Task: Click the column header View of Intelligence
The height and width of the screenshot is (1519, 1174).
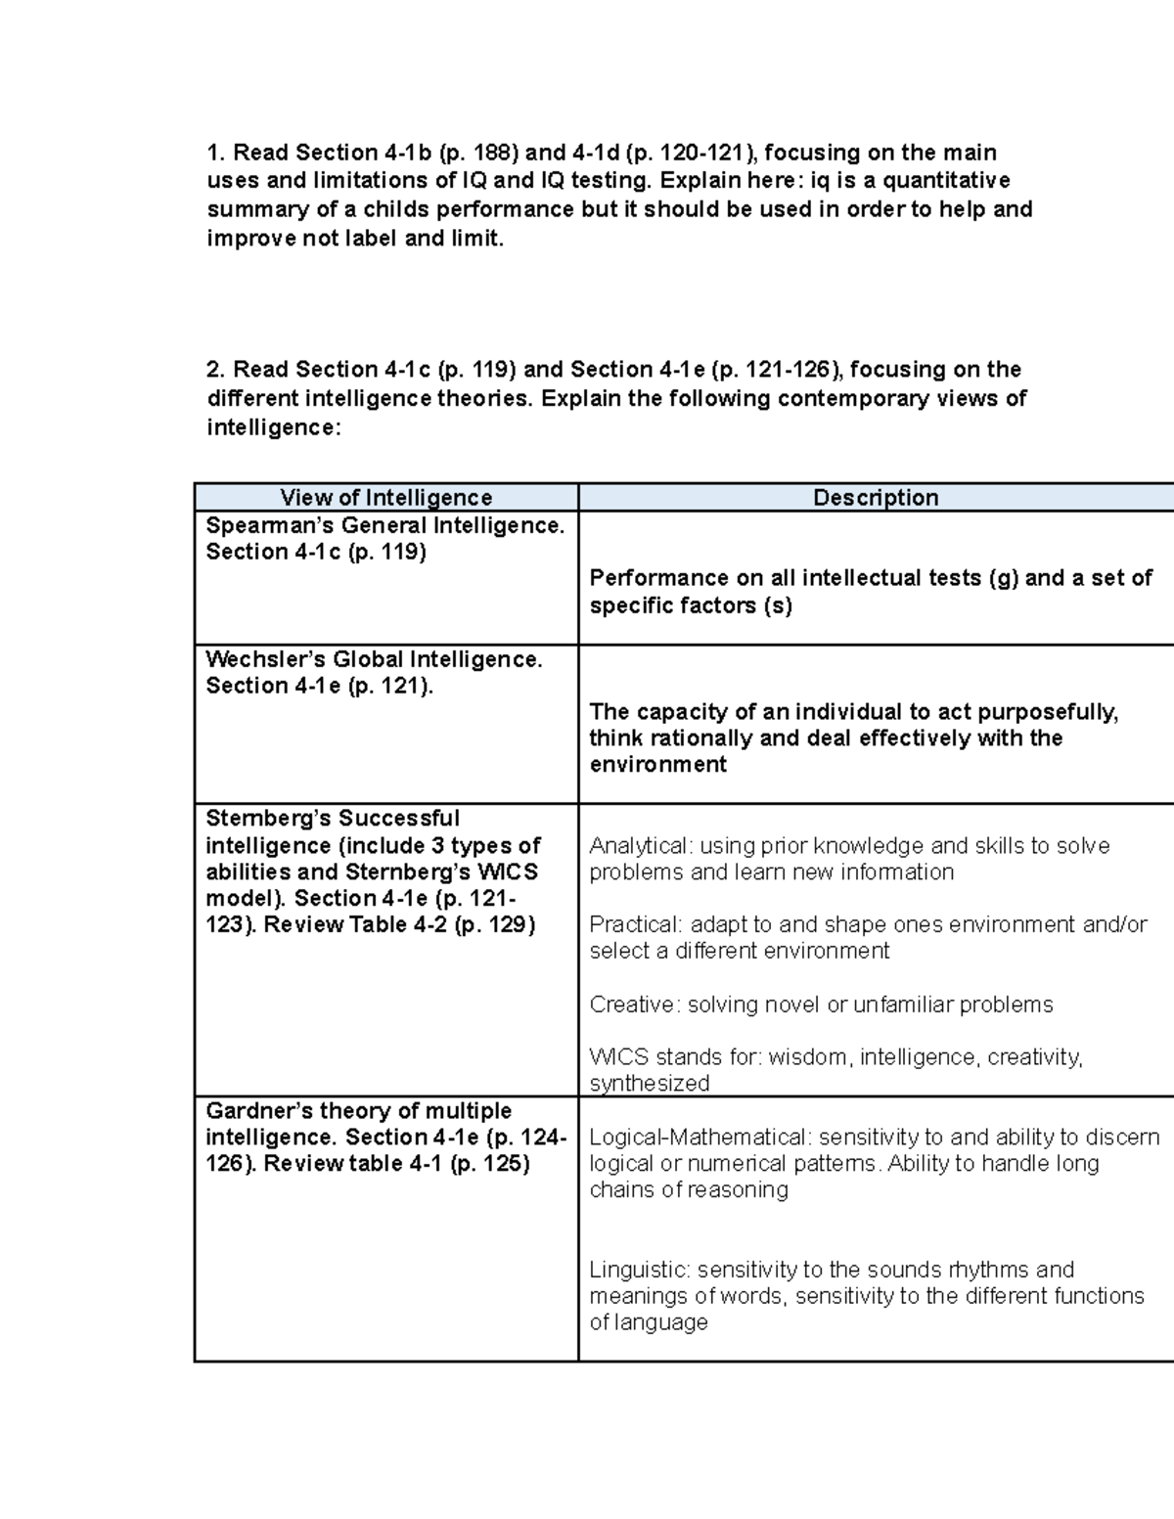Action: tap(385, 498)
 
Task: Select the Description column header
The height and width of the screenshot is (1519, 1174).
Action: tap(876, 498)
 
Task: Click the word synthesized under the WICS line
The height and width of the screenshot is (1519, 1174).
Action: tap(649, 1084)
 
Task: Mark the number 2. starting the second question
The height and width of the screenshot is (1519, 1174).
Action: tap(216, 370)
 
